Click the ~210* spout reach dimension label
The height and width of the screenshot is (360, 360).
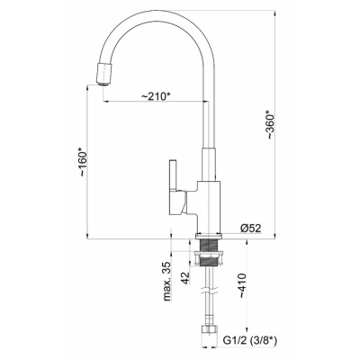[156, 96]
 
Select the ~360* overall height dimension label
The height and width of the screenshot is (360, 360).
[270, 125]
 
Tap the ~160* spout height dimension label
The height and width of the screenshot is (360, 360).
[83, 162]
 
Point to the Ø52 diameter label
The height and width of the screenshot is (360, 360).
[250, 229]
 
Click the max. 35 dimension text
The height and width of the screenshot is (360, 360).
[166, 281]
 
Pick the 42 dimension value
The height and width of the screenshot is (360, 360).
[186, 278]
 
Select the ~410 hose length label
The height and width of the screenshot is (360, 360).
[242, 286]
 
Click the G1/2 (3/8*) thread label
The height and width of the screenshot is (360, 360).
[250, 340]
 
